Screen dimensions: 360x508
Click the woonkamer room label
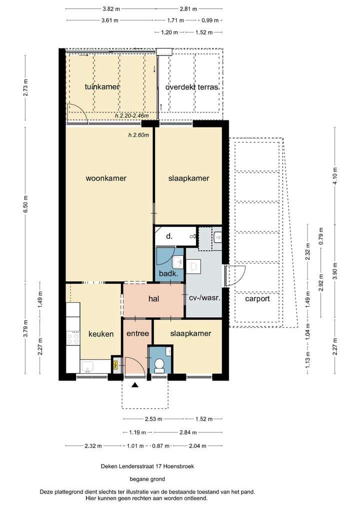tap(105, 178)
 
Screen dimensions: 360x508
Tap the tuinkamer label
tap(102, 87)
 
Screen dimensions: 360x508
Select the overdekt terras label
tap(191, 87)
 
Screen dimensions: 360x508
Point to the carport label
tap(257, 299)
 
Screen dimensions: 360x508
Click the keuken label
tap(101, 334)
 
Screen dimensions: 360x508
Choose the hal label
tap(153, 299)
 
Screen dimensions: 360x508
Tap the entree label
tap(138, 333)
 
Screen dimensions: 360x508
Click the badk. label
tap(168, 274)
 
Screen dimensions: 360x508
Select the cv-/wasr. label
tap(204, 298)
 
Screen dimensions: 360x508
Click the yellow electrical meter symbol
tap(115, 365)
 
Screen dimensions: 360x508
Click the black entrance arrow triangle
tap(135, 385)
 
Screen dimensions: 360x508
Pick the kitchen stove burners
tap(72, 339)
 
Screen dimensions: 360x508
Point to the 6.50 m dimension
tap(26, 204)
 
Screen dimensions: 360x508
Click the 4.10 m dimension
tap(335, 175)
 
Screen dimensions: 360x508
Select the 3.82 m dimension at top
tap(111, 9)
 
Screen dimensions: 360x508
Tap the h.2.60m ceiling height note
tap(138, 135)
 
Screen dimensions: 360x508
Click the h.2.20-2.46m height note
tap(131, 116)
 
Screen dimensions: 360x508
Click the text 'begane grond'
tap(147, 479)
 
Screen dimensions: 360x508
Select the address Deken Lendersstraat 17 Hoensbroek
tap(147, 467)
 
